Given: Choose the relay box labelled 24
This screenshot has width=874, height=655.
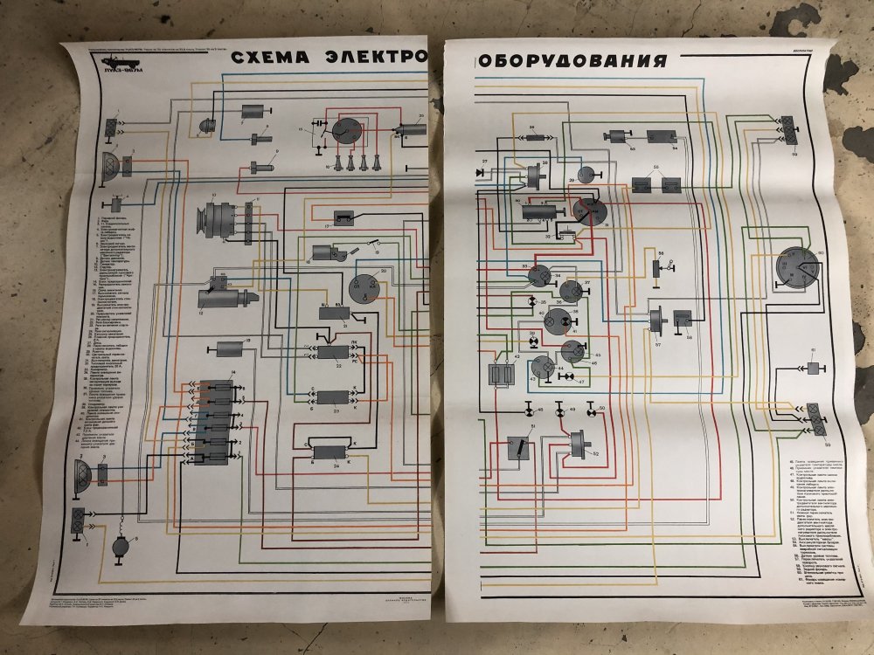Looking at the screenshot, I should pos(330,453).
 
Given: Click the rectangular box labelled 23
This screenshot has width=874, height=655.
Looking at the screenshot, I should pos(330,398).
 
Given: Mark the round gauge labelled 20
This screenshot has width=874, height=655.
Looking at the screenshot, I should pos(361,286).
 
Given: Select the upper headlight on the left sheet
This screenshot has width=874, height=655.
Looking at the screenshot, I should pos(112,167).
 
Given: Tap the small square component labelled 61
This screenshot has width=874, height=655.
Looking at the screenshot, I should pos(814,369).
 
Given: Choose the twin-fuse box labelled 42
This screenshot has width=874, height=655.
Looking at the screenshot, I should pos(502,374).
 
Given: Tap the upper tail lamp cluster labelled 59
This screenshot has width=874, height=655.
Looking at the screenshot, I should pos(789,130).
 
